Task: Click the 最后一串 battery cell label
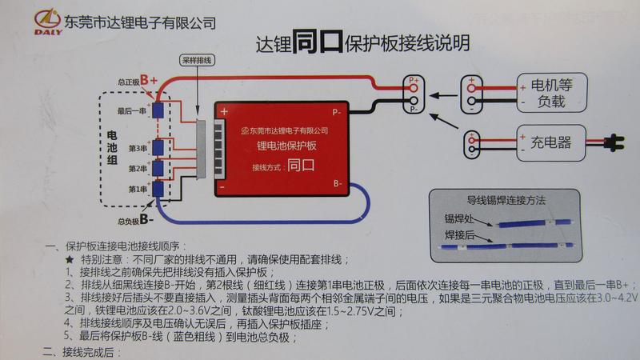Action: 132,110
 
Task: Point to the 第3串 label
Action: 136,148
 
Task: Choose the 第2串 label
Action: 136,169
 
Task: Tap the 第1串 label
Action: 136,190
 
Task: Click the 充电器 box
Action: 551,142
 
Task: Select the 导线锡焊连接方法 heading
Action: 500,202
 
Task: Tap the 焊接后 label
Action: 460,236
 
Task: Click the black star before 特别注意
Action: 69,260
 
